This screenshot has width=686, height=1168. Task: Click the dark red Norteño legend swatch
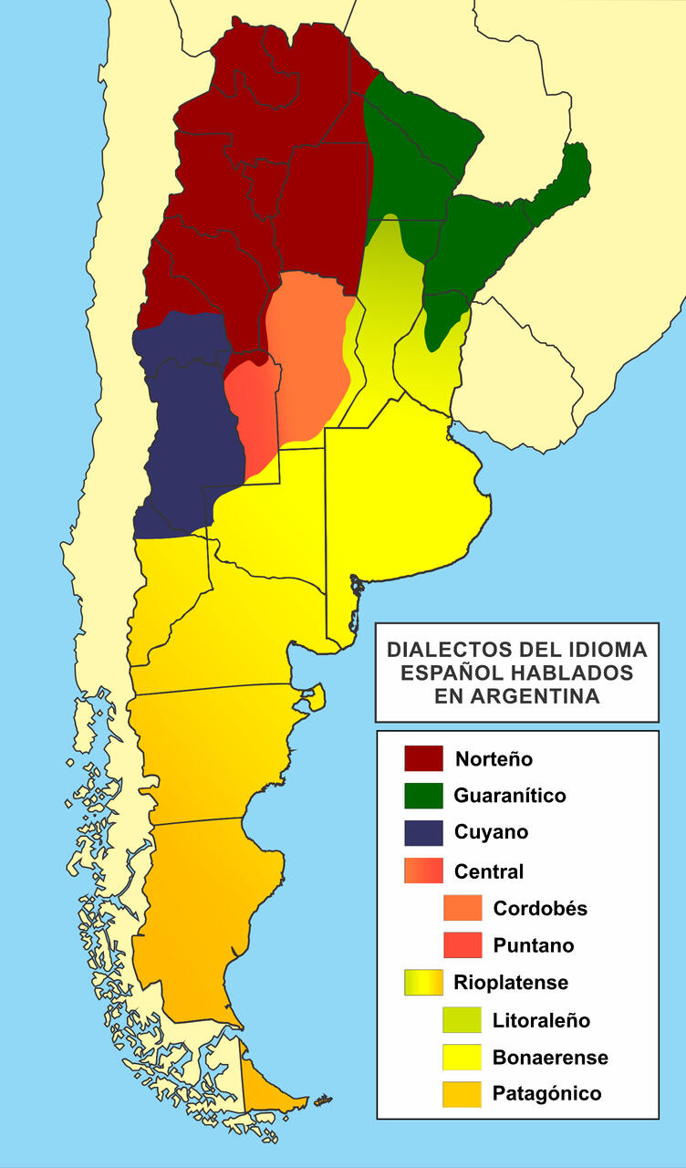coord(423,758)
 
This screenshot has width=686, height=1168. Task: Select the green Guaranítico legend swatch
coord(423,796)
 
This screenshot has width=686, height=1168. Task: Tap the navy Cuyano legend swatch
coord(423,832)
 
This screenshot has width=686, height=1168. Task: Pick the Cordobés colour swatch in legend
coord(463,908)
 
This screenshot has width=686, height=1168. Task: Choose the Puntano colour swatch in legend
coord(463,945)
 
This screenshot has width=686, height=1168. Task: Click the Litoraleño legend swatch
coord(463,1020)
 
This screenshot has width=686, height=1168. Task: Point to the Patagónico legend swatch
coord(463,1094)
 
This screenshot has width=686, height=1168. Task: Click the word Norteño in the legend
coord(494,758)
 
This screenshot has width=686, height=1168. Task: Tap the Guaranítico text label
coord(510,796)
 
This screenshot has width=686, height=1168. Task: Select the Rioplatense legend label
coord(511,983)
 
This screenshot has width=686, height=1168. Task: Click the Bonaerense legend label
coord(550,1058)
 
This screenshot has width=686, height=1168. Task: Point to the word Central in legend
coord(489,871)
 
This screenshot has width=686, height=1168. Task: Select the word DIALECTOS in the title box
coord(443,650)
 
